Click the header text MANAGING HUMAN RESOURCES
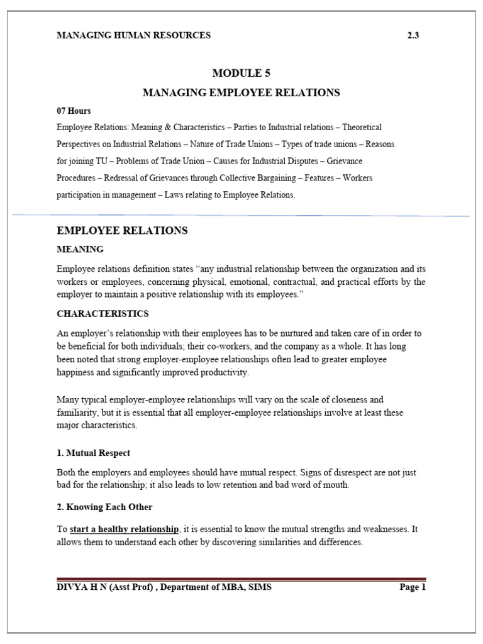(x=133, y=35)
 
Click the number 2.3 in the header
(x=413, y=35)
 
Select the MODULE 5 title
(x=241, y=74)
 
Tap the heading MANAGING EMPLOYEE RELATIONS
(x=241, y=92)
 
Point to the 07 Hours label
(x=74, y=111)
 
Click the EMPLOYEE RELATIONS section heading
(x=122, y=231)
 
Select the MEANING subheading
(x=80, y=250)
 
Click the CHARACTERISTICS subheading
(x=103, y=313)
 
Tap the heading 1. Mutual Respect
(x=93, y=453)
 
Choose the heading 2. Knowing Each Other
(x=104, y=507)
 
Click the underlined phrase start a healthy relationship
(x=125, y=530)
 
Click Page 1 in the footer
(x=413, y=587)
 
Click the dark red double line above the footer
(x=241, y=579)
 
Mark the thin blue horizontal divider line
(x=241, y=215)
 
